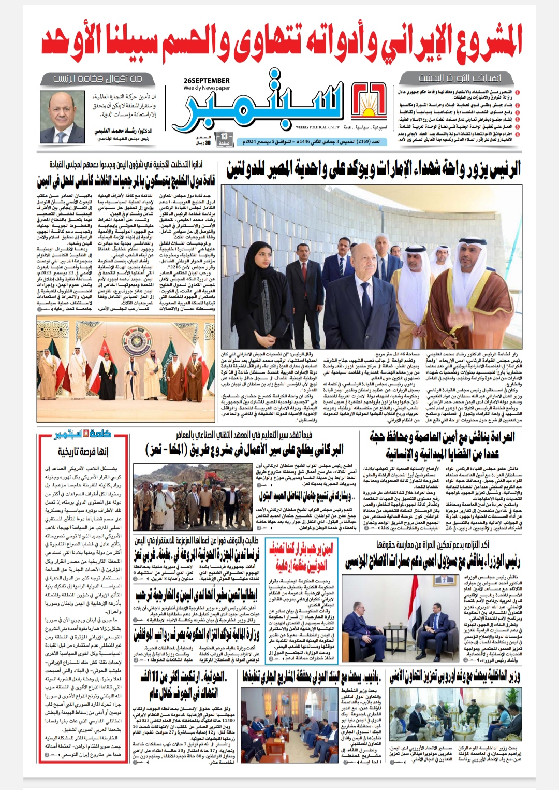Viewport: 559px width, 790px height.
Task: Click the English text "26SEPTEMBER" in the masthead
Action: point(207,81)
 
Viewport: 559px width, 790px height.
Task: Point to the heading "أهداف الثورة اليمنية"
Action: point(460,78)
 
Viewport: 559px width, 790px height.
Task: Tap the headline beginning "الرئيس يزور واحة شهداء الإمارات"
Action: point(374,169)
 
